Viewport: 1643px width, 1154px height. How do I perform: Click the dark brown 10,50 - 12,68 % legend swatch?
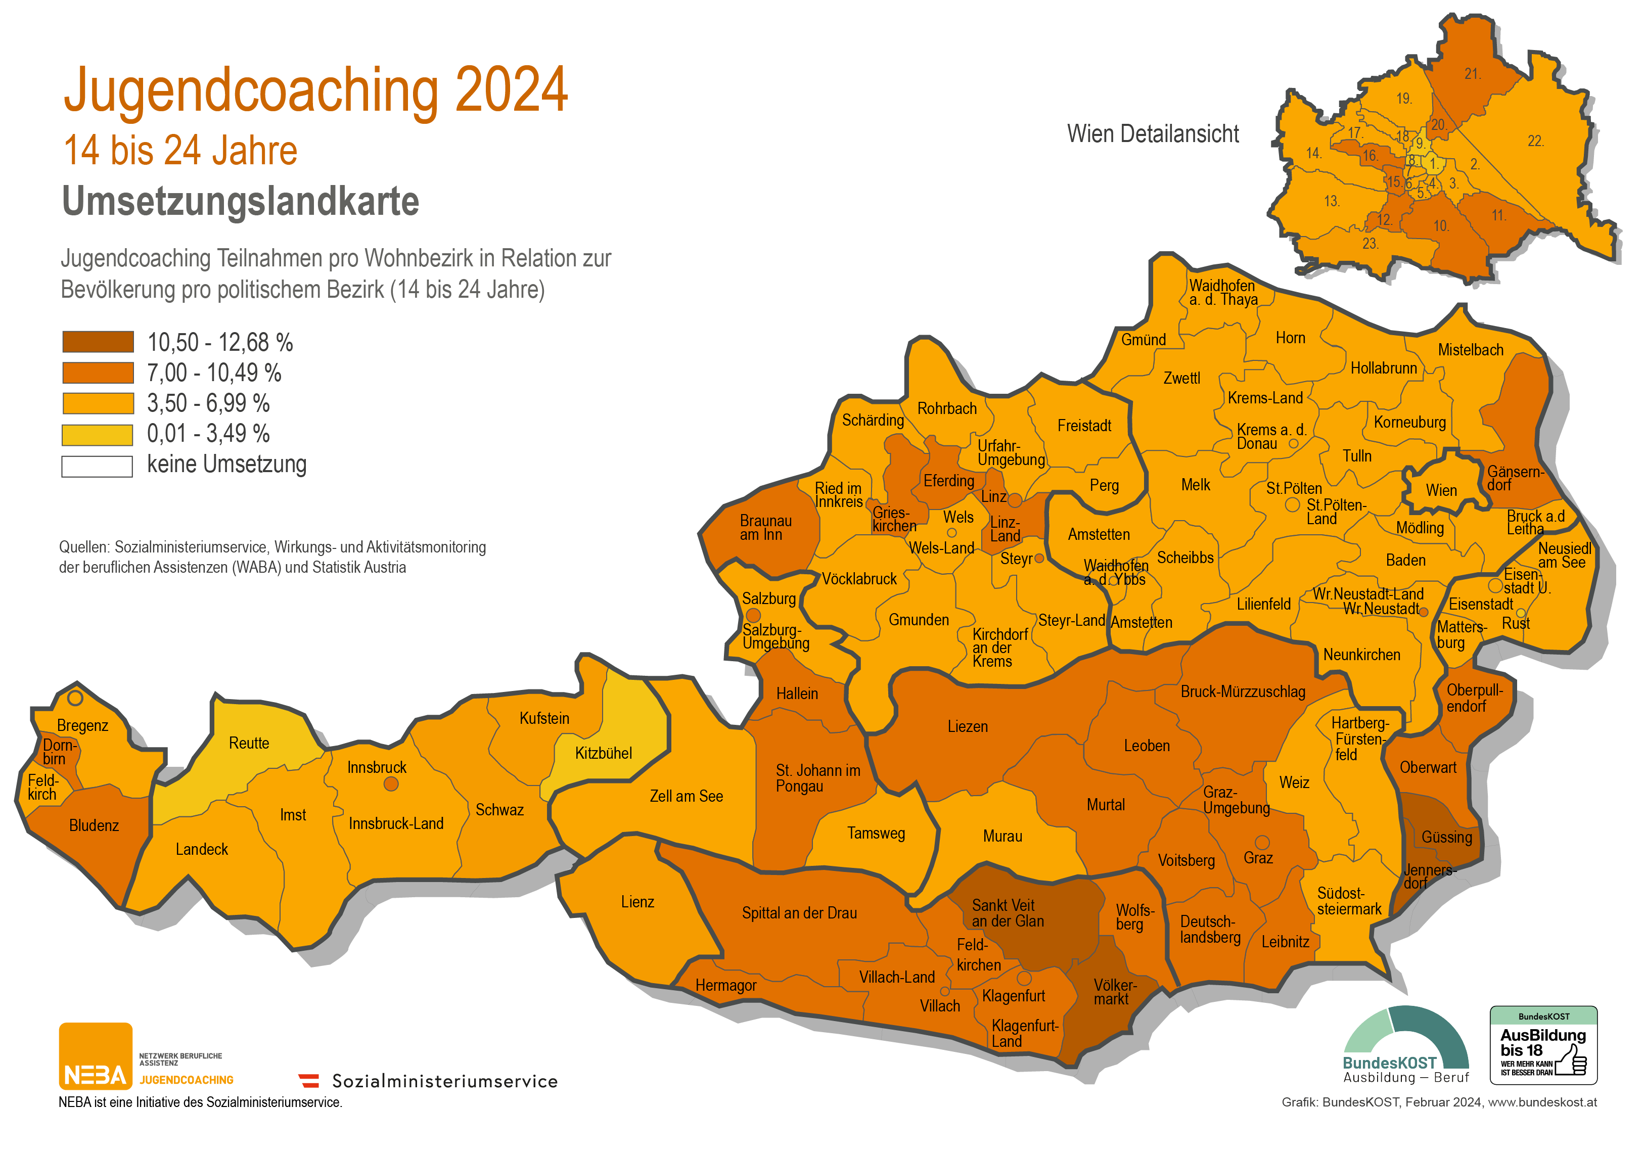tap(98, 342)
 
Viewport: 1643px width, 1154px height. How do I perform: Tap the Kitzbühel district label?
tap(603, 753)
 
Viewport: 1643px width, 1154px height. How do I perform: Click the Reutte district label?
tap(249, 744)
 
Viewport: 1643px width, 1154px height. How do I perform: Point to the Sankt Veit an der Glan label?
tap(1007, 913)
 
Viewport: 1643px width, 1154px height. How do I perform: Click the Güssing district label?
tap(1446, 837)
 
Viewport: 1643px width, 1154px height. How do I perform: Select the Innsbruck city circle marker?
tap(391, 784)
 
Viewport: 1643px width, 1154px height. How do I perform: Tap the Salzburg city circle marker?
tap(753, 615)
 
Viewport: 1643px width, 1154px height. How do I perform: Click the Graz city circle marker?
tap(1262, 843)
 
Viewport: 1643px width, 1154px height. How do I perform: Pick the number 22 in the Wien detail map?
tap(1535, 141)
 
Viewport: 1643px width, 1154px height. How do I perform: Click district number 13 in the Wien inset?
tap(1331, 201)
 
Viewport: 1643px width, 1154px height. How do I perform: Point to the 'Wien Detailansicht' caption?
tap(1153, 134)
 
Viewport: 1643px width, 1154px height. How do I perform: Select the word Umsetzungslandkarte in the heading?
tap(241, 201)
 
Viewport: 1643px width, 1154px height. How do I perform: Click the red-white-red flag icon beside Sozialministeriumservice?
tap(309, 1080)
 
